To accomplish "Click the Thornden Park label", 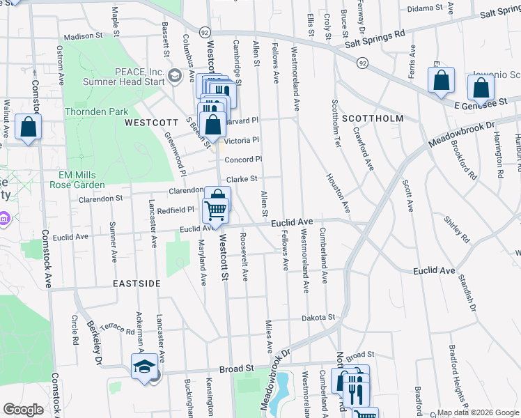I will tap(97, 111).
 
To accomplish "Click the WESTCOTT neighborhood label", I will tap(148, 122).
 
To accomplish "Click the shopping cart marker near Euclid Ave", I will tap(216, 210).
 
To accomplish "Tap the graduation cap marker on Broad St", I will tap(145, 366).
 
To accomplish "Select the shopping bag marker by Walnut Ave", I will tap(28, 127).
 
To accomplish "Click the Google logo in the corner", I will tap(23, 410).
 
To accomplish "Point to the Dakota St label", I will tap(318, 318).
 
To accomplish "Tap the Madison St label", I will tap(83, 37).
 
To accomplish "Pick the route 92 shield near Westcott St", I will tap(204, 32).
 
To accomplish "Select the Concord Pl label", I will tap(243, 160).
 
